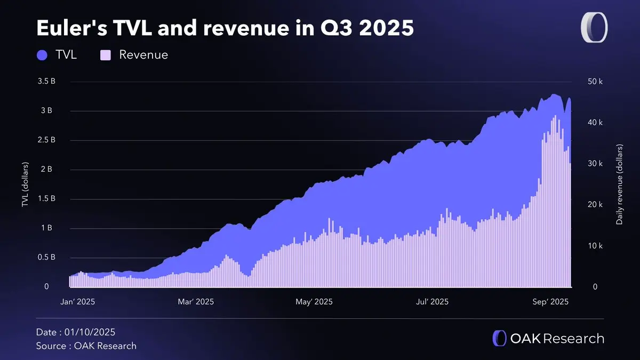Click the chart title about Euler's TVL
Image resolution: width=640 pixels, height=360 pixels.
[x=225, y=28]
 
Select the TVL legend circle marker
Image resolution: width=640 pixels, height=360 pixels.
[x=43, y=54]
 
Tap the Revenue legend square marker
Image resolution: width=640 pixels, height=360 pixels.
[x=106, y=54]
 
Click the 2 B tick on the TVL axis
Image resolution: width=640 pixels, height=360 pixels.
[x=47, y=170]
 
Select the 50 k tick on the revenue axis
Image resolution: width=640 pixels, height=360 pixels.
[x=595, y=82]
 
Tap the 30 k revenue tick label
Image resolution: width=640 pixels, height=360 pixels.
[x=595, y=164]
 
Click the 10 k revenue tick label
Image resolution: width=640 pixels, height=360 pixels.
[x=595, y=246]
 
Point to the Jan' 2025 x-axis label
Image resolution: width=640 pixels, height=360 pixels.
[x=78, y=302]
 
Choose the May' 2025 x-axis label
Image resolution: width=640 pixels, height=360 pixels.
[x=314, y=302]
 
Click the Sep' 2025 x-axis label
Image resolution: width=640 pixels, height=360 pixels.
[x=551, y=302]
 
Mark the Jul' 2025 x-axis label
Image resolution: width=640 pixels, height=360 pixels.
[x=431, y=302]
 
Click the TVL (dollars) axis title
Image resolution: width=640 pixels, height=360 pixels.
[x=25, y=185]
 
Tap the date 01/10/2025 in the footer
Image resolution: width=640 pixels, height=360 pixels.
[x=90, y=332]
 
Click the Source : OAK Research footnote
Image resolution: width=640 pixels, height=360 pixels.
[x=86, y=346]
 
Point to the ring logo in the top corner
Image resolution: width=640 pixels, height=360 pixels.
[x=594, y=28]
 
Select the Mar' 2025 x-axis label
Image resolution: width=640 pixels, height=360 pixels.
[x=196, y=302]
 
